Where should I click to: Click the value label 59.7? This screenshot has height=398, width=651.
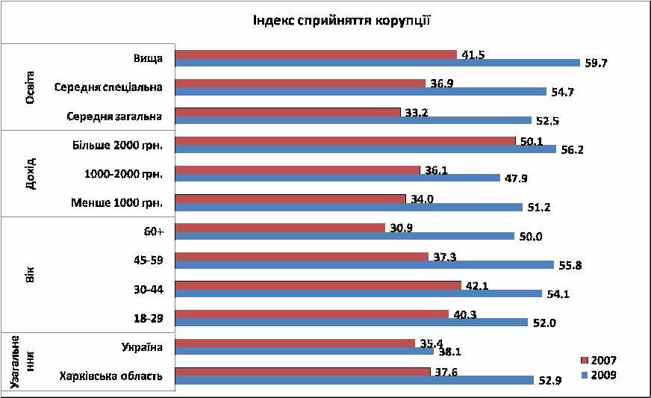click(x=596, y=63)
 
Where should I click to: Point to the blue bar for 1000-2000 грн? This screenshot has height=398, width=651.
click(x=337, y=178)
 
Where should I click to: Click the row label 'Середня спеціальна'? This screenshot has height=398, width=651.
click(x=108, y=87)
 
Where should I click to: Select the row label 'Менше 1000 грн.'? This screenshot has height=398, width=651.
click(x=116, y=202)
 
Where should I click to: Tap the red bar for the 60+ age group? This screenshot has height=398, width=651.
click(x=280, y=227)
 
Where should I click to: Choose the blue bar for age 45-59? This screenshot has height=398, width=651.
click(x=364, y=264)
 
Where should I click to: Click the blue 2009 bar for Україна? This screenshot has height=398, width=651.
click(x=304, y=350)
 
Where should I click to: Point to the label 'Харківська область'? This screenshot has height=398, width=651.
click(x=111, y=376)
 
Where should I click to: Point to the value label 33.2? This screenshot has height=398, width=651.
click(x=417, y=112)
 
